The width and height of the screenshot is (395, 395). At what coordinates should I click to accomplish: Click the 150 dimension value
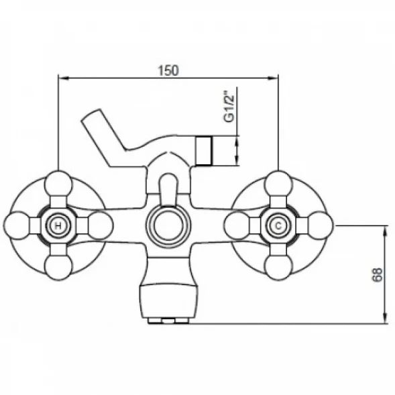(168, 70)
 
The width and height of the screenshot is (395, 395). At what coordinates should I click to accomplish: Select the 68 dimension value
(377, 275)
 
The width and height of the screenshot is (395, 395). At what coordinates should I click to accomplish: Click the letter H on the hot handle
(58, 226)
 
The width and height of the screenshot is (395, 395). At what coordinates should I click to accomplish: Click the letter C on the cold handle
(278, 226)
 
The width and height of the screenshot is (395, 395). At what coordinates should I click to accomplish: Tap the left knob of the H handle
(17, 225)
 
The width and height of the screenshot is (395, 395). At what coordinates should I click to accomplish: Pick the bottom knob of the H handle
(58, 267)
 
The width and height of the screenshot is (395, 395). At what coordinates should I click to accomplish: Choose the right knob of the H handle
(100, 225)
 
